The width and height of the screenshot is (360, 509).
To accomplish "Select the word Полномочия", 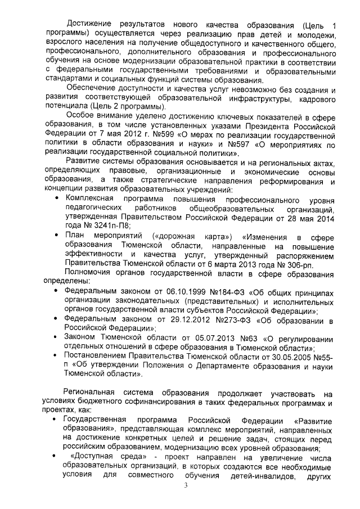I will [91, 274].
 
